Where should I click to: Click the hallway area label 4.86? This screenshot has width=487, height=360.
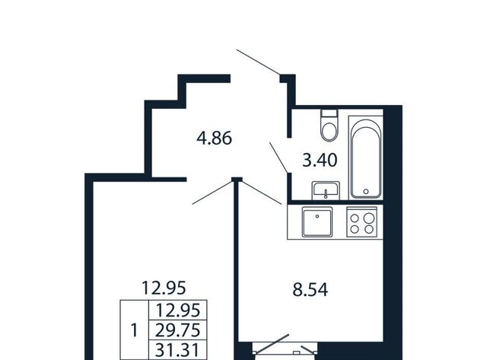[215, 139]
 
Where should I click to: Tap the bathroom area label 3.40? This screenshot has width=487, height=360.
[320, 161]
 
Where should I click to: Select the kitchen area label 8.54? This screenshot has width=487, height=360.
[310, 290]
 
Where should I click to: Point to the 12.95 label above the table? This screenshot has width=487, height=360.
[164, 288]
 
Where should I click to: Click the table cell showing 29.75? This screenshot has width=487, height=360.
[177, 330]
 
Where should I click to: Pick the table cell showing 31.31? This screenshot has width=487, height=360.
[177, 350]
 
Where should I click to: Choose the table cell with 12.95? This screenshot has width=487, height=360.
[177, 310]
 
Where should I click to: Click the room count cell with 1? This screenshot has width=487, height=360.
[135, 330]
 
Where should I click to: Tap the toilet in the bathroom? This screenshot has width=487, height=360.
[329, 126]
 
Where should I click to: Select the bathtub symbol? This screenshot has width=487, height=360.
[366, 158]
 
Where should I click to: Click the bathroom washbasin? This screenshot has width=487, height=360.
[326, 190]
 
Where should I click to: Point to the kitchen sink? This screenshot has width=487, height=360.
[317, 222]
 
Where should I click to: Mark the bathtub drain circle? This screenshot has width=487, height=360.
[366, 192]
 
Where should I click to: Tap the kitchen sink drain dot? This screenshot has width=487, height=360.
[317, 216]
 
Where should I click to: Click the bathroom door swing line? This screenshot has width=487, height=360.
[279, 158]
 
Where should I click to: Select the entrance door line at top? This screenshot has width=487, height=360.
[259, 62]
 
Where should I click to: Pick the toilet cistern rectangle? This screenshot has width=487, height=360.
[329, 113]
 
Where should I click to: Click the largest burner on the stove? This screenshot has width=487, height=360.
[369, 218]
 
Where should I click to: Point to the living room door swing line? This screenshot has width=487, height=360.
[212, 193]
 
